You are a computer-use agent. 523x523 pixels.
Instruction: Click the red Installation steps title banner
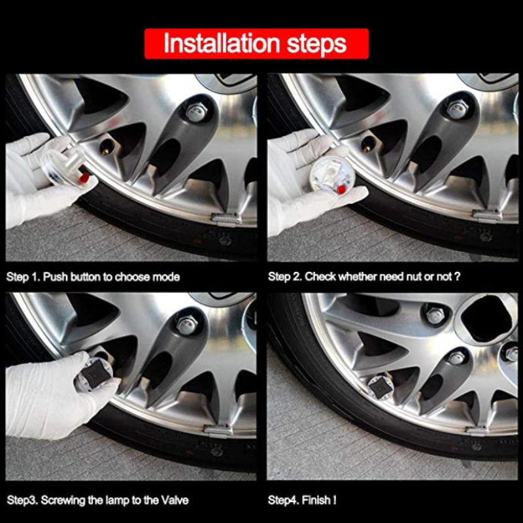coord(256,44)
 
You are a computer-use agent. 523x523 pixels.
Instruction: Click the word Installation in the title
coord(208,44)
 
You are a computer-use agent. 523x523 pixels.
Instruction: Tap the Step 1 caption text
coord(93,277)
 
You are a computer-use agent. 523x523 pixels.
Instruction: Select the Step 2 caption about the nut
coord(364,277)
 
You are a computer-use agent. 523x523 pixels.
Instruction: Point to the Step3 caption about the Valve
coord(97,500)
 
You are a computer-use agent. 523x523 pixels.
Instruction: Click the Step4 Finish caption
coord(303,500)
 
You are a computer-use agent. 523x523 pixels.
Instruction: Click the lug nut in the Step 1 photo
coord(195,111)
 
